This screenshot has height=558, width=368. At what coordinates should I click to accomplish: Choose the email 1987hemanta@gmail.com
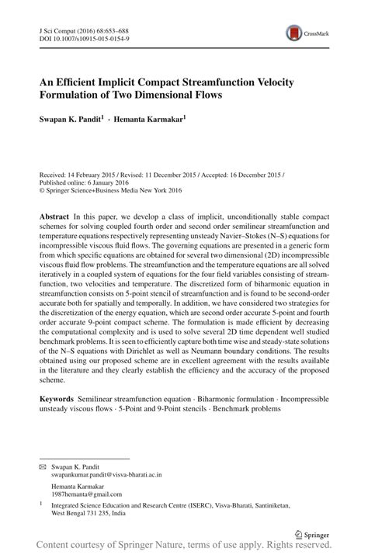80,494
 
